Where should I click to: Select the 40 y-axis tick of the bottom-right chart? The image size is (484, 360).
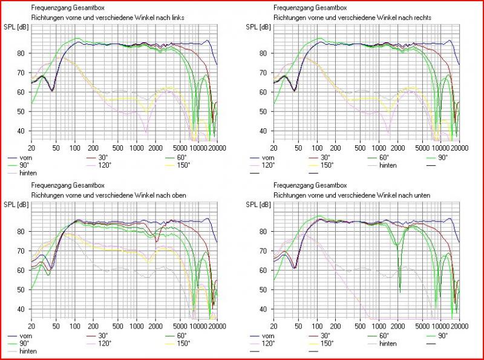(x=266, y=309)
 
